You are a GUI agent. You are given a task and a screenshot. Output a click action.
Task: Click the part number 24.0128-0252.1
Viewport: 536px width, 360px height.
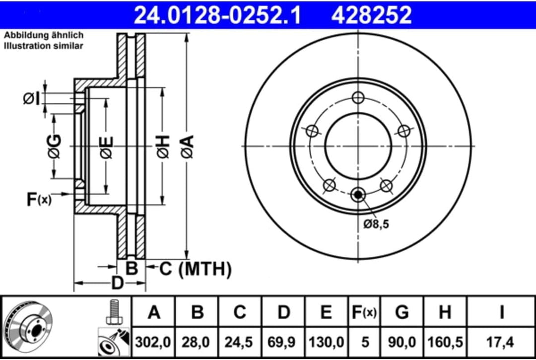click(218, 15)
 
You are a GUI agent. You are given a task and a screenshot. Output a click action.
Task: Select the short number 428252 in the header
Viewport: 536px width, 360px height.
click(372, 15)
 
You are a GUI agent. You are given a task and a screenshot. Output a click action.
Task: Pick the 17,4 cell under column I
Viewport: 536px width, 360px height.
click(502, 342)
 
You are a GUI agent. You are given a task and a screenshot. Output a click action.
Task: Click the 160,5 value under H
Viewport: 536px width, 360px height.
click(445, 342)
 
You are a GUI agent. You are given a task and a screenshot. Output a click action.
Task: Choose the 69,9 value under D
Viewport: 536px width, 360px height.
click(283, 342)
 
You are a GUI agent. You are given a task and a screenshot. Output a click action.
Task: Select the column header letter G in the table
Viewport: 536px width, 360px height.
click(402, 312)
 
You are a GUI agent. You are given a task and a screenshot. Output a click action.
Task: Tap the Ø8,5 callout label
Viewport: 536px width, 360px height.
click(376, 224)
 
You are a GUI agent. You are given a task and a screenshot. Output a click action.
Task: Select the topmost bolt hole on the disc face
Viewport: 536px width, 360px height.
click(358, 97)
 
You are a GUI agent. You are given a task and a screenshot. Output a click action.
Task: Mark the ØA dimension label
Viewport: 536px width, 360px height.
click(187, 147)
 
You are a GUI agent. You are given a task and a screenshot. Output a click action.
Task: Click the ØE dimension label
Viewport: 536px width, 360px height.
click(106, 147)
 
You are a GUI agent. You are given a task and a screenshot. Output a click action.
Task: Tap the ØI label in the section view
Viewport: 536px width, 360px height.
click(31, 99)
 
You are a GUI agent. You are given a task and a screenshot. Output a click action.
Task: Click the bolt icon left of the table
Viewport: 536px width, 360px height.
click(114, 312)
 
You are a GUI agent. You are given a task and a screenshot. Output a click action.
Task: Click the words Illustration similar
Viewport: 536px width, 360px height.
click(44, 46)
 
